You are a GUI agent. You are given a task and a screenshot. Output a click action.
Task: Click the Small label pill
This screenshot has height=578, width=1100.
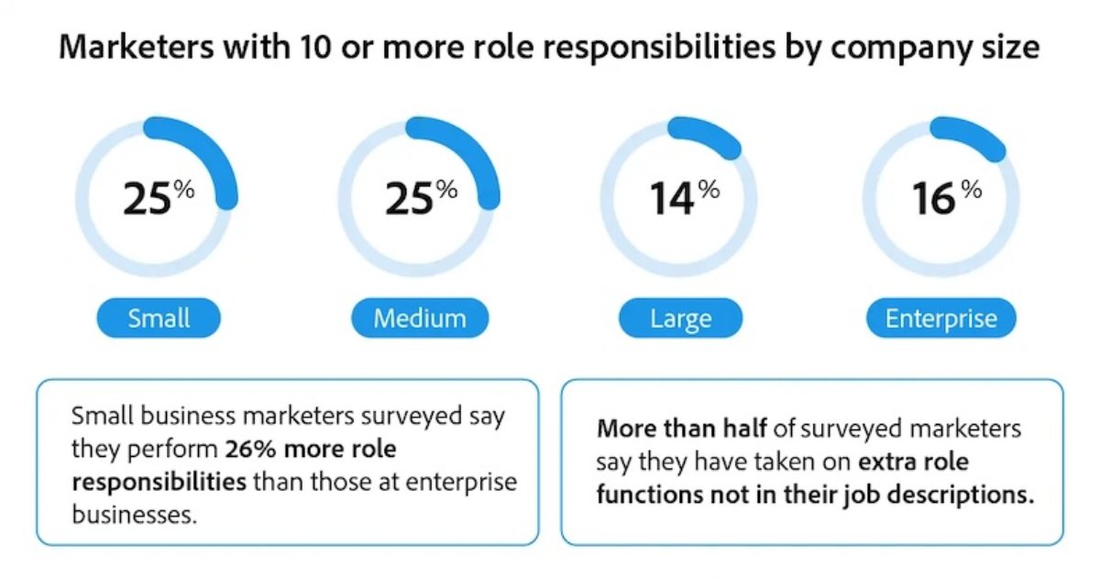tap(159, 319)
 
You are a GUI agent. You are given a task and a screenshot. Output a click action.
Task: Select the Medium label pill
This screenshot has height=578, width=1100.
tap(420, 319)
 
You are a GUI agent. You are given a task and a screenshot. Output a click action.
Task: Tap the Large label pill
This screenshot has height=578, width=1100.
tap(680, 319)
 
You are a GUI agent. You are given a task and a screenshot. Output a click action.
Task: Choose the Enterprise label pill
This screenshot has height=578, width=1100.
tap(940, 319)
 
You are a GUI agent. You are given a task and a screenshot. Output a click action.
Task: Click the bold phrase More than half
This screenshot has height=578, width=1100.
tap(662, 429)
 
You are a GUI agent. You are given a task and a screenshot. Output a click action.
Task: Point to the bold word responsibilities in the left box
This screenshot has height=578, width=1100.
tap(158, 482)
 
